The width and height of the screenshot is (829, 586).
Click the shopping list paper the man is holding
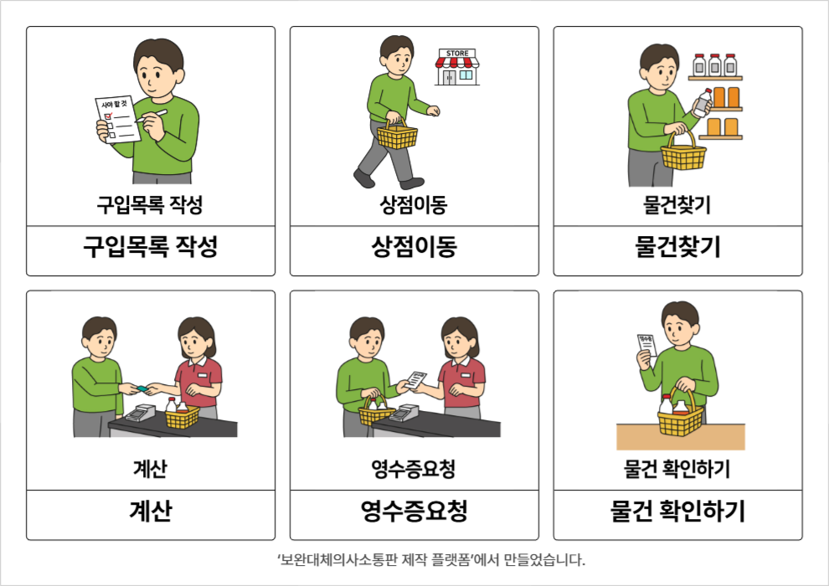[117, 120]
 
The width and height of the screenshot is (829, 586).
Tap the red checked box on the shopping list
[108, 116]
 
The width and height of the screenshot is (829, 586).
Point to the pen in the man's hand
[152, 116]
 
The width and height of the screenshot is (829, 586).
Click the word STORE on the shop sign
[457, 54]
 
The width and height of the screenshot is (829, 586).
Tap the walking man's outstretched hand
[434, 111]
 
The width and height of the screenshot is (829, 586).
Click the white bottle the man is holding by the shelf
[703, 102]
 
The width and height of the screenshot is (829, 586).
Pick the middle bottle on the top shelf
[715, 64]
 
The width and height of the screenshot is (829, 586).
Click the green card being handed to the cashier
[142, 389]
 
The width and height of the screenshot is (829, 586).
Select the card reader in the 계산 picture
[139, 413]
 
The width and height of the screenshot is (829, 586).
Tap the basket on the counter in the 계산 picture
[183, 415]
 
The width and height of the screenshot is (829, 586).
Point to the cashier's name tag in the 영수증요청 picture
[466, 375]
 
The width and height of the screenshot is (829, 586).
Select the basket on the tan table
[681, 416]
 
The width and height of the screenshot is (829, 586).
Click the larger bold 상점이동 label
[414, 247]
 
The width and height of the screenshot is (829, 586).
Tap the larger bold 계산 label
[151, 511]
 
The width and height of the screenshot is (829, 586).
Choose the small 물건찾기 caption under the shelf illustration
[677, 205]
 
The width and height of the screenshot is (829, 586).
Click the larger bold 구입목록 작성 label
[151, 247]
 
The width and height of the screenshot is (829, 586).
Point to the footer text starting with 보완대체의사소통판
[431, 559]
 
